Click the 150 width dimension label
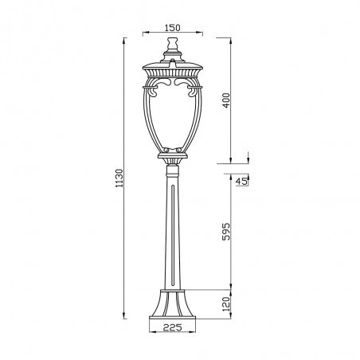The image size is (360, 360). (173, 28)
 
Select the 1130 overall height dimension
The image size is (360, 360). (119, 178)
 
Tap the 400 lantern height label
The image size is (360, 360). (226, 100)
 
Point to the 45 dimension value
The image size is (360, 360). (241, 182)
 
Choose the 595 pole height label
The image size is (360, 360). (226, 232)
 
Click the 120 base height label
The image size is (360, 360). (226, 304)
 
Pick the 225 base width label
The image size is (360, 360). (172, 327)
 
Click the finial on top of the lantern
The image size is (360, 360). (173, 44)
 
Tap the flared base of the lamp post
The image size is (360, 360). (173, 304)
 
